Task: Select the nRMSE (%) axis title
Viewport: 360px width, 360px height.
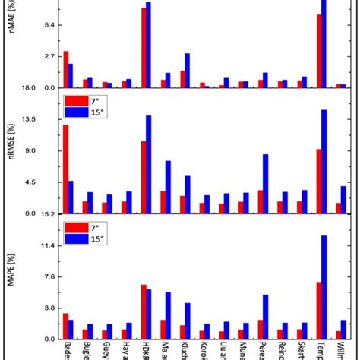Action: click(11, 157)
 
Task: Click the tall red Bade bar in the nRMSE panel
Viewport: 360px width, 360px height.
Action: click(66, 169)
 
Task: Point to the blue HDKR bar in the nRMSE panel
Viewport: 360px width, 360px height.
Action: click(148, 164)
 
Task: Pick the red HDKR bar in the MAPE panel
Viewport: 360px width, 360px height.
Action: click(143, 311)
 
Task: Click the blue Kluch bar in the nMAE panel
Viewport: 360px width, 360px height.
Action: click(188, 70)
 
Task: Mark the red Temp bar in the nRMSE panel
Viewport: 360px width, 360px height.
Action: click(319, 181)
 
